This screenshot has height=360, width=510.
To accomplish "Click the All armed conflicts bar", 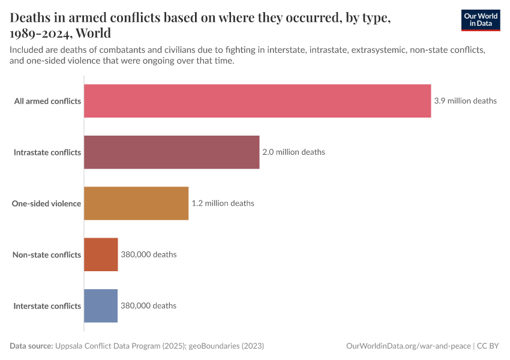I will (x=257, y=101).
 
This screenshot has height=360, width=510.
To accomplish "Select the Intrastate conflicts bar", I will (x=172, y=152).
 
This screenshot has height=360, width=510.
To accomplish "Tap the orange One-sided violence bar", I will (x=136, y=203).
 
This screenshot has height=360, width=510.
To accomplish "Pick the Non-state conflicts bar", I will (x=101, y=254).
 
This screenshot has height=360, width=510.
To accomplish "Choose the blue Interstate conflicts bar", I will (x=101, y=305).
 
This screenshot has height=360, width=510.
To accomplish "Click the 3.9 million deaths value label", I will (x=465, y=101).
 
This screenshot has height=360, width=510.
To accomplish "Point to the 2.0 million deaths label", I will (x=293, y=152).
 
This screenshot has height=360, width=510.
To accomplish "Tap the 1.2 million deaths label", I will (x=223, y=203).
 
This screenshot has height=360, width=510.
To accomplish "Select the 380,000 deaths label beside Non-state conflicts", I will (x=149, y=254).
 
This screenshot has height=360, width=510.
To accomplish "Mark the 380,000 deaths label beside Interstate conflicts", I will (x=148, y=305).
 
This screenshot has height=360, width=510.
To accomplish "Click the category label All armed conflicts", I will (x=47, y=101).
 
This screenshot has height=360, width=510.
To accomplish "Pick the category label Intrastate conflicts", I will (x=47, y=152).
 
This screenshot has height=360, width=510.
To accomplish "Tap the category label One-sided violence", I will (x=46, y=203).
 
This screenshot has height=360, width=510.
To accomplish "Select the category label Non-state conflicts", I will (x=47, y=255).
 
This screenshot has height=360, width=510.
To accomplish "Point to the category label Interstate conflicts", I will (x=47, y=306).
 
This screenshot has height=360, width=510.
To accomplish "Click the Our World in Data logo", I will (x=480, y=20).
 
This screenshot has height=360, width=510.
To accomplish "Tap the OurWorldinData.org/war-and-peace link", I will (x=409, y=346).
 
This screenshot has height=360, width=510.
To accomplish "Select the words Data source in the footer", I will (x=31, y=346).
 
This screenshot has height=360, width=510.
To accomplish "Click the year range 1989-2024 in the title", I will (x=44, y=32).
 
